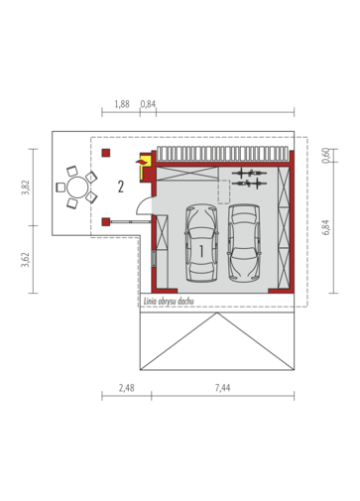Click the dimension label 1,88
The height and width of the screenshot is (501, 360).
122,104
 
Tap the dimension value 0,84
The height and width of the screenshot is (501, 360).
148,104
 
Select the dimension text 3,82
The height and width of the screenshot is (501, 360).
26,188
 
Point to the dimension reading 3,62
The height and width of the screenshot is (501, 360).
26,260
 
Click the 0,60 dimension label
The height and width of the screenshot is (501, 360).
325,156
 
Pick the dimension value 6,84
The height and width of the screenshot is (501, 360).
325,227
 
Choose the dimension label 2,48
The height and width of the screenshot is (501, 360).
127,388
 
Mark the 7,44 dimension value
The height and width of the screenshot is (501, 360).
222,388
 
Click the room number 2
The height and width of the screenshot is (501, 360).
121,187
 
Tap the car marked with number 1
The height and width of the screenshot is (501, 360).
201,243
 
